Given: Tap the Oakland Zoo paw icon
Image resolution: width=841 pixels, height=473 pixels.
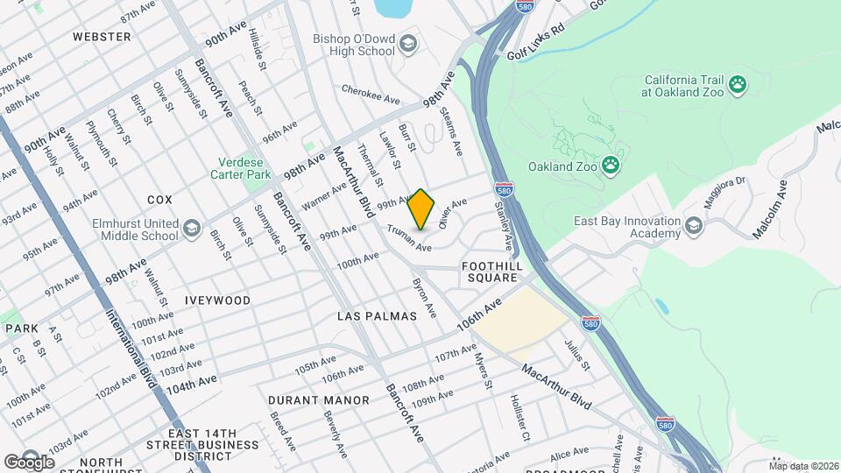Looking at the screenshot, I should click(x=611, y=166).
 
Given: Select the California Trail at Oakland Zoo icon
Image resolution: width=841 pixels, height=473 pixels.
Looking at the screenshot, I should click(x=739, y=85).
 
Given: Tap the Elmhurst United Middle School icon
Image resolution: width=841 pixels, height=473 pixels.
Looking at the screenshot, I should click(x=192, y=229).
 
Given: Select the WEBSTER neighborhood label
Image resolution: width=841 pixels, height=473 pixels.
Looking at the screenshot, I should click(x=102, y=37).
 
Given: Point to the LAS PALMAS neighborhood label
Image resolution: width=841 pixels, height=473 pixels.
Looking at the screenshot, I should click(x=377, y=315).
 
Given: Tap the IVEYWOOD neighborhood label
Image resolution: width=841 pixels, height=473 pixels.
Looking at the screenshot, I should click(x=217, y=300).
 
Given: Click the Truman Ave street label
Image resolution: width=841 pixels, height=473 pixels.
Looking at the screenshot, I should click(x=411, y=238).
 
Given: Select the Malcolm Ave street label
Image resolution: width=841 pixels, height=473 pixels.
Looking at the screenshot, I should click(x=770, y=210).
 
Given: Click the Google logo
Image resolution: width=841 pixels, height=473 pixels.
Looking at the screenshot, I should click(x=29, y=462).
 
